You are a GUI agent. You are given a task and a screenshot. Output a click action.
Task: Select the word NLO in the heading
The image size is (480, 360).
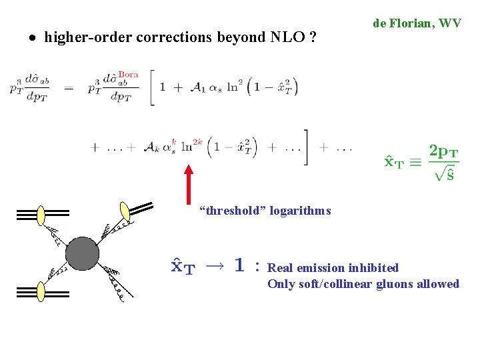(x=287, y=37)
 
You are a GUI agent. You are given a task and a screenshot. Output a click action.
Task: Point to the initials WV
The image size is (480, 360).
(x=450, y=23)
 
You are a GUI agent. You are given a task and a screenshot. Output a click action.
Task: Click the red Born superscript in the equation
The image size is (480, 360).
(x=127, y=75)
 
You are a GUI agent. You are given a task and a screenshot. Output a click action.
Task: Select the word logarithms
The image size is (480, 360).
(x=301, y=211)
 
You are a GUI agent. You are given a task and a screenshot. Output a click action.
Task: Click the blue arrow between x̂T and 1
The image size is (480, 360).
(x=214, y=265)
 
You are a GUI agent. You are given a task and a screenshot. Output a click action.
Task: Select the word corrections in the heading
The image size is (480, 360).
(x=174, y=37)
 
